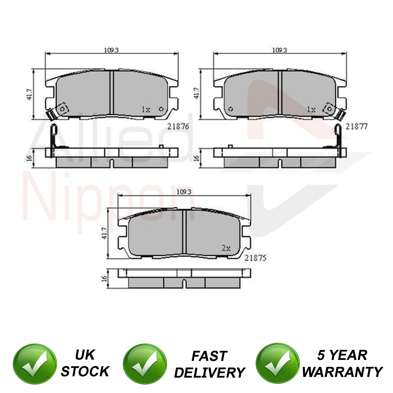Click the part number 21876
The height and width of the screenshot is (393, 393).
(x=178, y=126)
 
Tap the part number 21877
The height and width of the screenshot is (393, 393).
(x=356, y=127)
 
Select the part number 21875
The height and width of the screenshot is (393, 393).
(x=255, y=258)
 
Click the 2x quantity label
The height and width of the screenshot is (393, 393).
(x=226, y=248)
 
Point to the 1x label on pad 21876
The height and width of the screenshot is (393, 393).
(x=146, y=110)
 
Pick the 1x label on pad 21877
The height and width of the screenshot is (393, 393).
(x=311, y=110)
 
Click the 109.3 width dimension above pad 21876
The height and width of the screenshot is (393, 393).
(x=111, y=50)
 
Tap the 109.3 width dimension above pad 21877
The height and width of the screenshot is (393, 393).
(x=280, y=50)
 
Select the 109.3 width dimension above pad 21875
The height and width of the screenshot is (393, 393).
(x=184, y=192)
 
